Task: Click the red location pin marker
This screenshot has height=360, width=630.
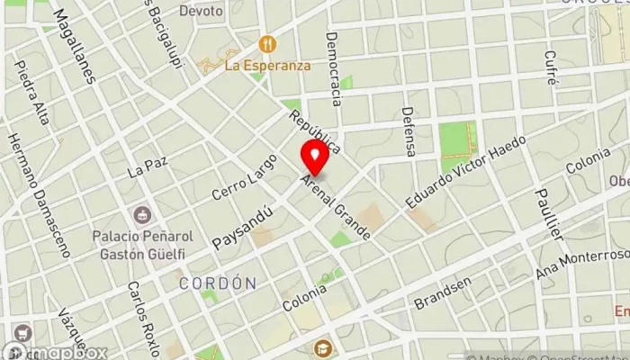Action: pyautogui.click(x=314, y=157)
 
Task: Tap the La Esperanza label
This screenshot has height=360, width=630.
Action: pyautogui.click(x=267, y=66)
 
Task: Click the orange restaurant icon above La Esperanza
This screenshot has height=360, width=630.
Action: pyautogui.click(x=266, y=43)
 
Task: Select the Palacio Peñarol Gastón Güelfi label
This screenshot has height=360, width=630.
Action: pyautogui.click(x=139, y=246)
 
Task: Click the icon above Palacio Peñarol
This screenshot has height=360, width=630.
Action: pyautogui.click(x=140, y=216)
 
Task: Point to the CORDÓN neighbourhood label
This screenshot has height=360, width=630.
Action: pyautogui.click(x=217, y=283)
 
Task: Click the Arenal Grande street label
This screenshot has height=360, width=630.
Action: pyautogui.click(x=336, y=207)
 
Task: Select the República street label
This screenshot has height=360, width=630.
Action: pyautogui.click(x=313, y=130)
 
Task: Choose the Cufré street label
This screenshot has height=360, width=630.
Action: pyautogui.click(x=550, y=67)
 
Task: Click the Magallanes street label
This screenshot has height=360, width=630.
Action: pyautogui.click(x=74, y=45)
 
